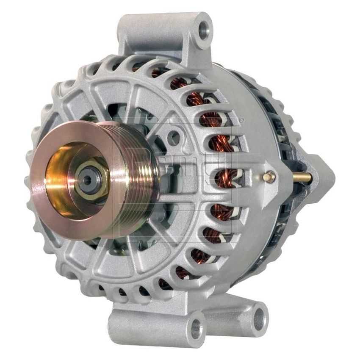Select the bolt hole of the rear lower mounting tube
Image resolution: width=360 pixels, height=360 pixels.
coord(259,315)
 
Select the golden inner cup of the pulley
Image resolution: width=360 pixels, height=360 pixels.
coord(64,169)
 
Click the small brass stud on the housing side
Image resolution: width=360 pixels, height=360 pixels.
coord(268,177)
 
